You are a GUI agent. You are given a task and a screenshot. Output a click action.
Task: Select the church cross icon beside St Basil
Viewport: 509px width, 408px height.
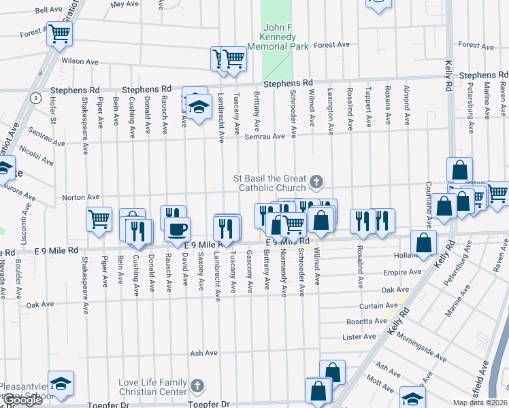click(316, 182)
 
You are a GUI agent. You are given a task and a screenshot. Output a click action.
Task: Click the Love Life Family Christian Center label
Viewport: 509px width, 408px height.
click(152, 387)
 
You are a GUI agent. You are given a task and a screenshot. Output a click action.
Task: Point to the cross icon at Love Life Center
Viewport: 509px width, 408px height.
click(197, 387)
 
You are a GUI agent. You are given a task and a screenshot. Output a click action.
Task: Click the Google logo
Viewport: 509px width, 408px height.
click(22, 400)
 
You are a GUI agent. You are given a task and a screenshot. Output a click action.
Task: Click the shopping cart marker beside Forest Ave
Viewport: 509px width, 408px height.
click(60, 32)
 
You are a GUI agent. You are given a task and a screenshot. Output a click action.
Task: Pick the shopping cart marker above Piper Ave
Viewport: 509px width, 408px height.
click(99, 219)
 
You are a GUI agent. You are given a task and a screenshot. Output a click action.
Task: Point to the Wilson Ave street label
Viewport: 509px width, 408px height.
click(76, 61)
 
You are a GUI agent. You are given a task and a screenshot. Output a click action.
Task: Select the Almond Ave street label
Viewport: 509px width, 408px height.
click(407, 98)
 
